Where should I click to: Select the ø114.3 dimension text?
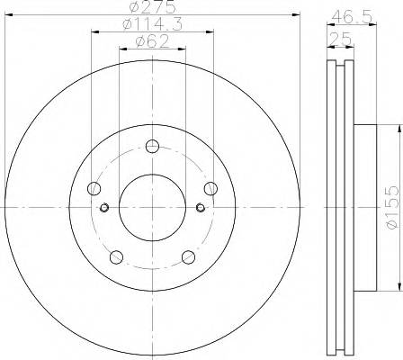coord(152,26)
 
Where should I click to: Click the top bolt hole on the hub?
coord(152,147)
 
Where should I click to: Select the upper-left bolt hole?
coord(94,189)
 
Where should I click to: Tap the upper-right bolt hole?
coord(210,188)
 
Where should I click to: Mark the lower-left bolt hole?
coord(116,256)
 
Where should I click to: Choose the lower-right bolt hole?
coord(188,256)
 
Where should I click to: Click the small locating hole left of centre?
coord(105,208)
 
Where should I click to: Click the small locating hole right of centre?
coord(200,208)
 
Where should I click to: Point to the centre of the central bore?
coord(152,208)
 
